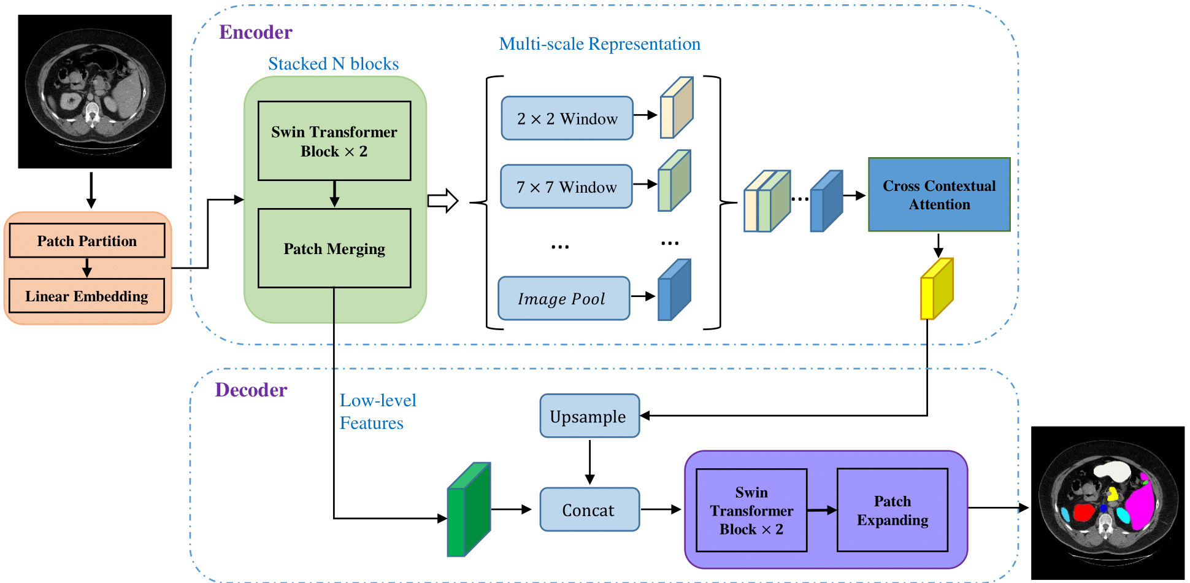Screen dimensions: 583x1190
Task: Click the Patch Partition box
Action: [87, 241]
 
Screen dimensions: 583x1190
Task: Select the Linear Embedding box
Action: [87, 296]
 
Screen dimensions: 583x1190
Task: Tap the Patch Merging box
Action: [334, 249]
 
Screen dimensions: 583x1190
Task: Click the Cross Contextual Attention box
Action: [939, 195]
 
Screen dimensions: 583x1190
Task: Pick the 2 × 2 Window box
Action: [567, 118]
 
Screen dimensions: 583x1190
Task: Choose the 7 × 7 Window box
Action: [566, 187]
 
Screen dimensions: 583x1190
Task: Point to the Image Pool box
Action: [564, 298]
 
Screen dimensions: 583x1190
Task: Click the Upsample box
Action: [589, 416]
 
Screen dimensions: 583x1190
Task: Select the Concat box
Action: [589, 509]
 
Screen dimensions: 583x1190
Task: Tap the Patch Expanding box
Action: [893, 510]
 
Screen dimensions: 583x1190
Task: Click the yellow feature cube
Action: [936, 289]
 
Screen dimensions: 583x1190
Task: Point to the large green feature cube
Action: [469, 510]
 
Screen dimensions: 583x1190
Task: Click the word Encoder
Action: [256, 32]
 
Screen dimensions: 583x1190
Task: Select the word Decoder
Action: [251, 390]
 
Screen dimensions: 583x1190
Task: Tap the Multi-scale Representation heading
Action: [599, 44]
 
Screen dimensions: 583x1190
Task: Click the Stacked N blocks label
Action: [333, 64]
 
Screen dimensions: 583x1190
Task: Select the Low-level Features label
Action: [377, 412]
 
